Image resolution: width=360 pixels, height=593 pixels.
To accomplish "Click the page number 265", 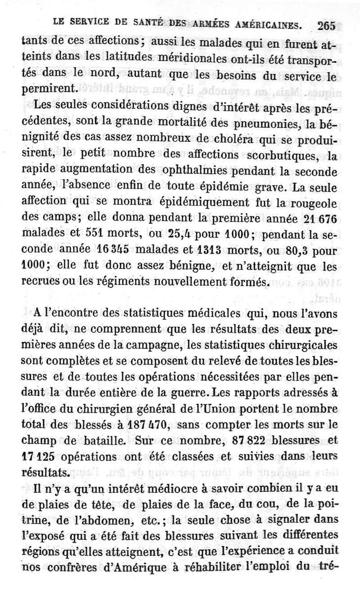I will (x=326, y=26).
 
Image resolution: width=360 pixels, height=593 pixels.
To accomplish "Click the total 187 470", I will (x=148, y=424).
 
